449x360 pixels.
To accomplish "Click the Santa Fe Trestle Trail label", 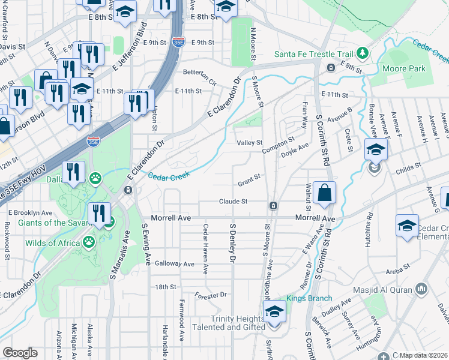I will point(313,54).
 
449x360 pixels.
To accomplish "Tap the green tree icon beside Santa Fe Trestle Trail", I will point(363,53).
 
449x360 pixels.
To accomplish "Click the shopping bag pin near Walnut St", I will point(324,194).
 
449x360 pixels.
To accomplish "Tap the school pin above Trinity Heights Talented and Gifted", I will point(274,312).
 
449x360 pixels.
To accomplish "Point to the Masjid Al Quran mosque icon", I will point(420,290).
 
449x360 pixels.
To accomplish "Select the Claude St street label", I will point(234,202).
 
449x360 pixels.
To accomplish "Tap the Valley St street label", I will point(250,143).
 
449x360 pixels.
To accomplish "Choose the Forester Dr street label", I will point(211,295).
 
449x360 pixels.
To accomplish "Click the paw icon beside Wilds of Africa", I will point(89,242).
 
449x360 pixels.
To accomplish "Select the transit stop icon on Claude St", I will point(273,206).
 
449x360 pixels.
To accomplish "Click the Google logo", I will point(20,353).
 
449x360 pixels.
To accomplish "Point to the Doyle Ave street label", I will point(295,150).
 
